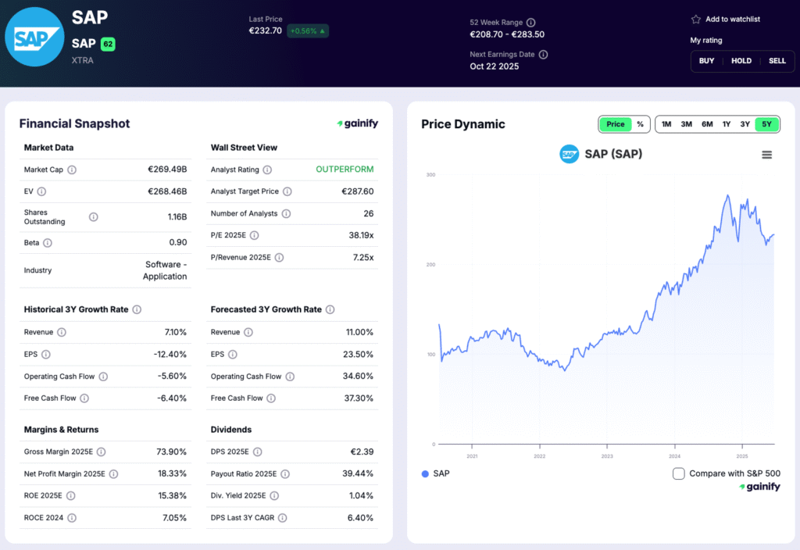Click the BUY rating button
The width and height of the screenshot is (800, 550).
(x=706, y=61)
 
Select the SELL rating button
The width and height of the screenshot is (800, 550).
(x=777, y=61)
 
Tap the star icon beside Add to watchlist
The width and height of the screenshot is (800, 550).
(x=696, y=20)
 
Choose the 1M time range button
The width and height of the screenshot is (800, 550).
(x=666, y=124)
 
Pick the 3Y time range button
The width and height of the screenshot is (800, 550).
(x=745, y=124)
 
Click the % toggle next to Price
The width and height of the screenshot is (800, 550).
(x=640, y=124)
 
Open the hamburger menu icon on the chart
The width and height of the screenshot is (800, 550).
(x=766, y=155)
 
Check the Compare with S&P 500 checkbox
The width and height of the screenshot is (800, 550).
(x=679, y=473)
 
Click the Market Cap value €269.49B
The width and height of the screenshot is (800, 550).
(x=167, y=170)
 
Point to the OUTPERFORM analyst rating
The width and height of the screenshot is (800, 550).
(x=345, y=170)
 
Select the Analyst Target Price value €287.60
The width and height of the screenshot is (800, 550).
(x=357, y=191)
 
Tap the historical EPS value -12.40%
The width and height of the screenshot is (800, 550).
(x=170, y=354)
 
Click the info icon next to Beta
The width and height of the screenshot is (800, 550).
(x=48, y=243)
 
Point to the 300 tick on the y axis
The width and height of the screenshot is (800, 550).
(x=430, y=175)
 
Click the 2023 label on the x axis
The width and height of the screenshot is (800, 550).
(x=607, y=456)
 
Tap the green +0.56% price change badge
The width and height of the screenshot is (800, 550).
(x=308, y=31)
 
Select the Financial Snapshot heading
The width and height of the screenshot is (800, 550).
(x=74, y=123)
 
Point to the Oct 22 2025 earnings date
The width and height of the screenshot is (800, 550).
(x=494, y=66)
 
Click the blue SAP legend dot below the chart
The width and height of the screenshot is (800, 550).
(x=425, y=473)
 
